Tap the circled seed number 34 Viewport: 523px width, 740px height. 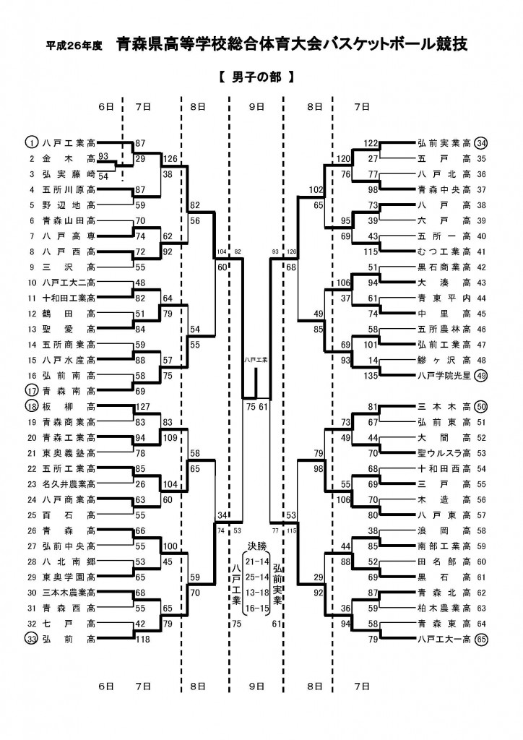482,142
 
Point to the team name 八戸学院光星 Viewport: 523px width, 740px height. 444,376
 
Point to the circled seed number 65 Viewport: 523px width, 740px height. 482,639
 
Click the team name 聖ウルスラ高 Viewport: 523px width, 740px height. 444,453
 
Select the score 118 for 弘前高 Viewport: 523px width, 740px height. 142,639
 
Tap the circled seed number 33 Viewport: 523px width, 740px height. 31,639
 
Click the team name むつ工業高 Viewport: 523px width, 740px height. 444,251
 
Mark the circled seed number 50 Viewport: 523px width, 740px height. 482,406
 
